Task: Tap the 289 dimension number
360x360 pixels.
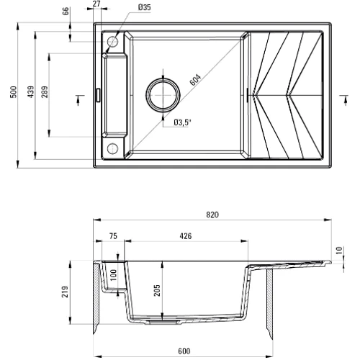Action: coord(45,93)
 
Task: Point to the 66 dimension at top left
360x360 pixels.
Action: coord(66,11)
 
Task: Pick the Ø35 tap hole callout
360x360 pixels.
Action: coord(144,7)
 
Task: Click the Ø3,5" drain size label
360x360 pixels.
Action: coord(182,122)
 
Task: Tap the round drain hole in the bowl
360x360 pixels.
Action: coord(162,92)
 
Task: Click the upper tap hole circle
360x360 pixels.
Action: coord(112,42)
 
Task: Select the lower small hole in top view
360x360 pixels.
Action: coord(112,148)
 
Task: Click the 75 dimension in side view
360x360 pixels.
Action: coord(113,235)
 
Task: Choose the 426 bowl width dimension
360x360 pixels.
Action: coord(185,235)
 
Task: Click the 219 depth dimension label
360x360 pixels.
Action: coord(65,292)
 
